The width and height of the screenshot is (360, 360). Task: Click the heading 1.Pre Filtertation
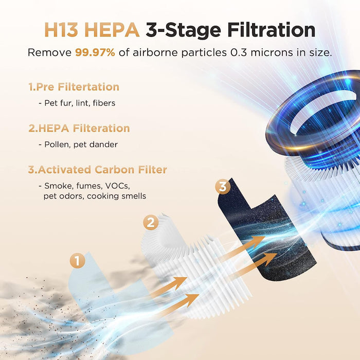pos(74,87)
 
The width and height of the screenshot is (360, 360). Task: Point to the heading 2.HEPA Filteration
pos(79,128)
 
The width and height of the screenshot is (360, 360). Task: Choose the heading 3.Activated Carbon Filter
pos(97,170)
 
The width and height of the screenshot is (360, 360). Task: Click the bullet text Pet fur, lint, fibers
pos(77,103)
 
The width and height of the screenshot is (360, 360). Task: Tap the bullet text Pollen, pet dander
pos(78,145)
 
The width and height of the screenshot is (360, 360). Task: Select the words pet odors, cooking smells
pos(95,196)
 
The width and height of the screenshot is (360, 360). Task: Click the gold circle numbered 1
pos(77,261)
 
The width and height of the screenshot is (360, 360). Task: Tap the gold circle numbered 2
pos(150,223)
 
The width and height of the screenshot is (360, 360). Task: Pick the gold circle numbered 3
pos(222,187)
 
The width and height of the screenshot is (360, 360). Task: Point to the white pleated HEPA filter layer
pos(206,267)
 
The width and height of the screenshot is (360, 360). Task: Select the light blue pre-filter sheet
pos(103,288)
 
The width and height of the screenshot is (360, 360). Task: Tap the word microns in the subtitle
pos(281,53)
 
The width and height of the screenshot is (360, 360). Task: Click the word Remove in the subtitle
pos(49,53)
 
